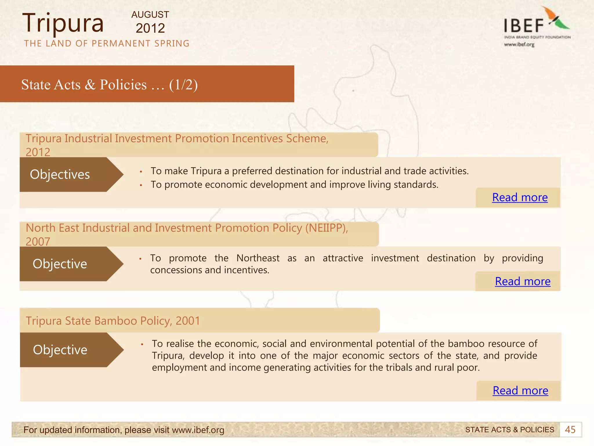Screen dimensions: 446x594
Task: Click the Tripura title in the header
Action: pos(63,23)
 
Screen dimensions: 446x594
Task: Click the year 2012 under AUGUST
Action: pos(150,28)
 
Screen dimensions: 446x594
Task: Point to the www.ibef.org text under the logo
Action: pos(519,44)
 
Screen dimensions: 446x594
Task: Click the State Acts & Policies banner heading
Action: pos(109,84)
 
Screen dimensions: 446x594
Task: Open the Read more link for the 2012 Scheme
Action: pos(520,197)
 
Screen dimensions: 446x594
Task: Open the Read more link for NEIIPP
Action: pos(523,281)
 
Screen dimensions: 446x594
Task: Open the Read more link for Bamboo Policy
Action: pos(520,391)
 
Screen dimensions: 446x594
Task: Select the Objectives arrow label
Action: pos(60,175)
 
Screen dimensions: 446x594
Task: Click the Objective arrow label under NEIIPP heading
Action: pos(60,264)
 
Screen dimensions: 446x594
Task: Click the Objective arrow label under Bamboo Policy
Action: pos(60,350)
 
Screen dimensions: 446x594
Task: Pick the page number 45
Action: pos(570,430)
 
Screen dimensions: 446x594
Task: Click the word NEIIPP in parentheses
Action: pos(326,228)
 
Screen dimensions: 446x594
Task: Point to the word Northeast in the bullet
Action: pos(258,258)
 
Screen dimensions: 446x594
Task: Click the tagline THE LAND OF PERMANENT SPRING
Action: pos(107,44)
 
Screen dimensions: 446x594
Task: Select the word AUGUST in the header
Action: pos(150,15)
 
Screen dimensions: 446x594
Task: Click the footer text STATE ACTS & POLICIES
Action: pos(510,430)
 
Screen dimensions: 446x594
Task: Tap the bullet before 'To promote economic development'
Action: pos(141,185)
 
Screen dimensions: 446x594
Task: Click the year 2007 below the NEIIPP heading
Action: pos(38,242)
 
